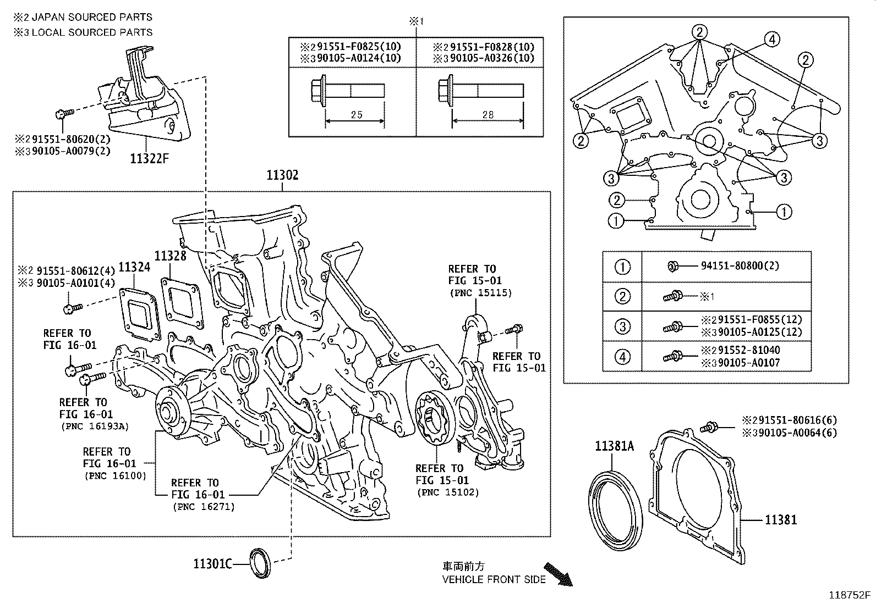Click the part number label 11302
click(282, 175)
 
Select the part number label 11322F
click(149, 159)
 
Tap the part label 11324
click(134, 267)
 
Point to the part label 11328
click(170, 256)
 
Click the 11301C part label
click(212, 563)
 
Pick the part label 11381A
click(614, 446)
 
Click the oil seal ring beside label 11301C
click(260, 563)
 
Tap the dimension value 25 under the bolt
click(356, 115)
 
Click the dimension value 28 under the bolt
click(488, 115)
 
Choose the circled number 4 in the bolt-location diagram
click(772, 39)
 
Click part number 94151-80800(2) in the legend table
click(740, 266)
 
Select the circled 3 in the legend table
click(622, 326)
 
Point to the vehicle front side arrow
click(557, 573)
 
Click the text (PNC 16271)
click(203, 507)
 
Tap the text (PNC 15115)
click(480, 293)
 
